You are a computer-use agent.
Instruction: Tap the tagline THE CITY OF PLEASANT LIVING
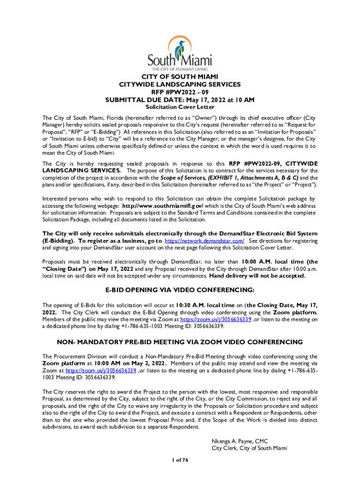180,68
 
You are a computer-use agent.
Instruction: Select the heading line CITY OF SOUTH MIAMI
180,77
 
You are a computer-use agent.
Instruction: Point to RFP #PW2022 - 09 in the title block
180,92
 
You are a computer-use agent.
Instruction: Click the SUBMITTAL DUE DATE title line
180,100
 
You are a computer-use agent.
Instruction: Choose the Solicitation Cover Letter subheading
180,108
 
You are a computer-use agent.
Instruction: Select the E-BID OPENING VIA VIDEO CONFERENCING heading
180,290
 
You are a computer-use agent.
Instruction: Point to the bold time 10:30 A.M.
192,305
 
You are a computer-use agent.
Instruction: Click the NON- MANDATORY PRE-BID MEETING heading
180,342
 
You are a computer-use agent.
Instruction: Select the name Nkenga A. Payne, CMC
239,441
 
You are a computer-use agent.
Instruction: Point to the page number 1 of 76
180,461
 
